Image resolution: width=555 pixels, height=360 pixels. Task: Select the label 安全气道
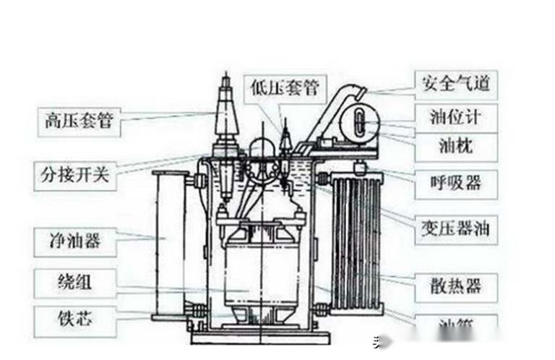point(455,82)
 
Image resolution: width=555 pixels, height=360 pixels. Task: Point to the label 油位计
point(455,116)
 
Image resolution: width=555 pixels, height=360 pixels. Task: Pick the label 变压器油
point(455,230)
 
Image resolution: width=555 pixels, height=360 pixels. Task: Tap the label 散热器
point(455,286)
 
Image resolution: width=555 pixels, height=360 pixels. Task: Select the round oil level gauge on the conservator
point(359,123)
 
